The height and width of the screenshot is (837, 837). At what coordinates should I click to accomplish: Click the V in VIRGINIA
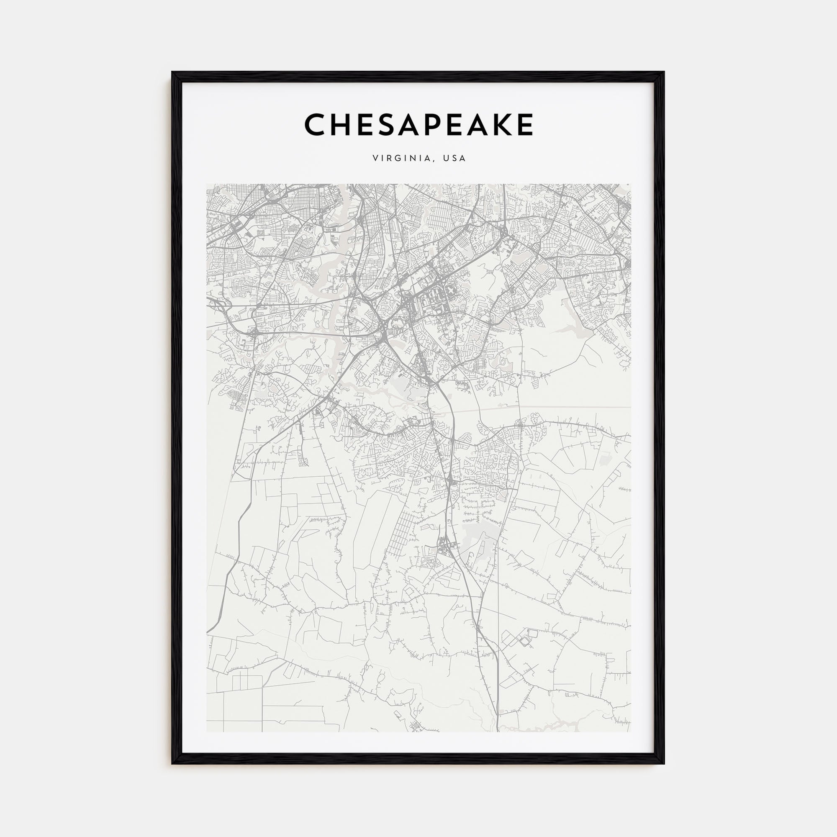375,159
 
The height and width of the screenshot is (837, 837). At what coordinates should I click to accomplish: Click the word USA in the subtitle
454,159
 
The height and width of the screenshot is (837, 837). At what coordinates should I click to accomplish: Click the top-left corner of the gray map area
207,184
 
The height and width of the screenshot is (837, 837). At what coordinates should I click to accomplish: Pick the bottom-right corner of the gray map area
631,732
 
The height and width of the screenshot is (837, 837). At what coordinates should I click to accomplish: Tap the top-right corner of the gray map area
631,184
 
